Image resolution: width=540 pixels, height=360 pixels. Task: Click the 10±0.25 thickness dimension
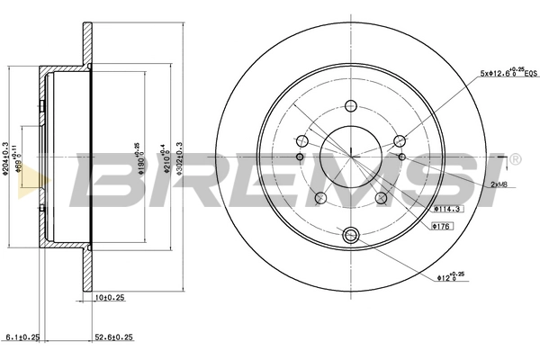[x=111, y=295]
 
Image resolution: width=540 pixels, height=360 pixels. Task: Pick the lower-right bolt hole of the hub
[x=382, y=198]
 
